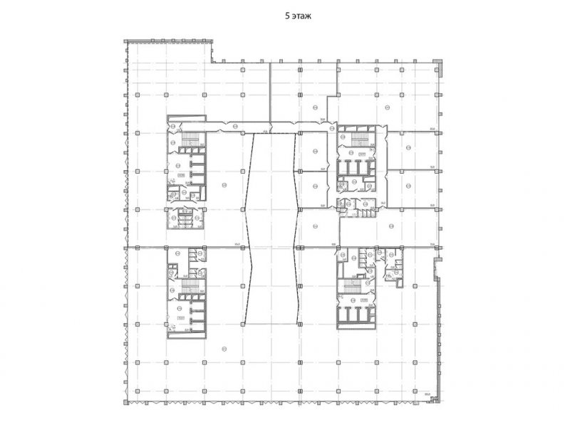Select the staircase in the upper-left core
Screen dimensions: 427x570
pyautogui.click(x=191, y=139)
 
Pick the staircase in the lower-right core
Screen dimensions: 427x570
pyautogui.click(x=352, y=287)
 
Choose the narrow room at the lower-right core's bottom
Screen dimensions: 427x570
pyautogui.click(x=353, y=325)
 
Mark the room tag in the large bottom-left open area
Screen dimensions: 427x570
pyautogui.click(x=224, y=348)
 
